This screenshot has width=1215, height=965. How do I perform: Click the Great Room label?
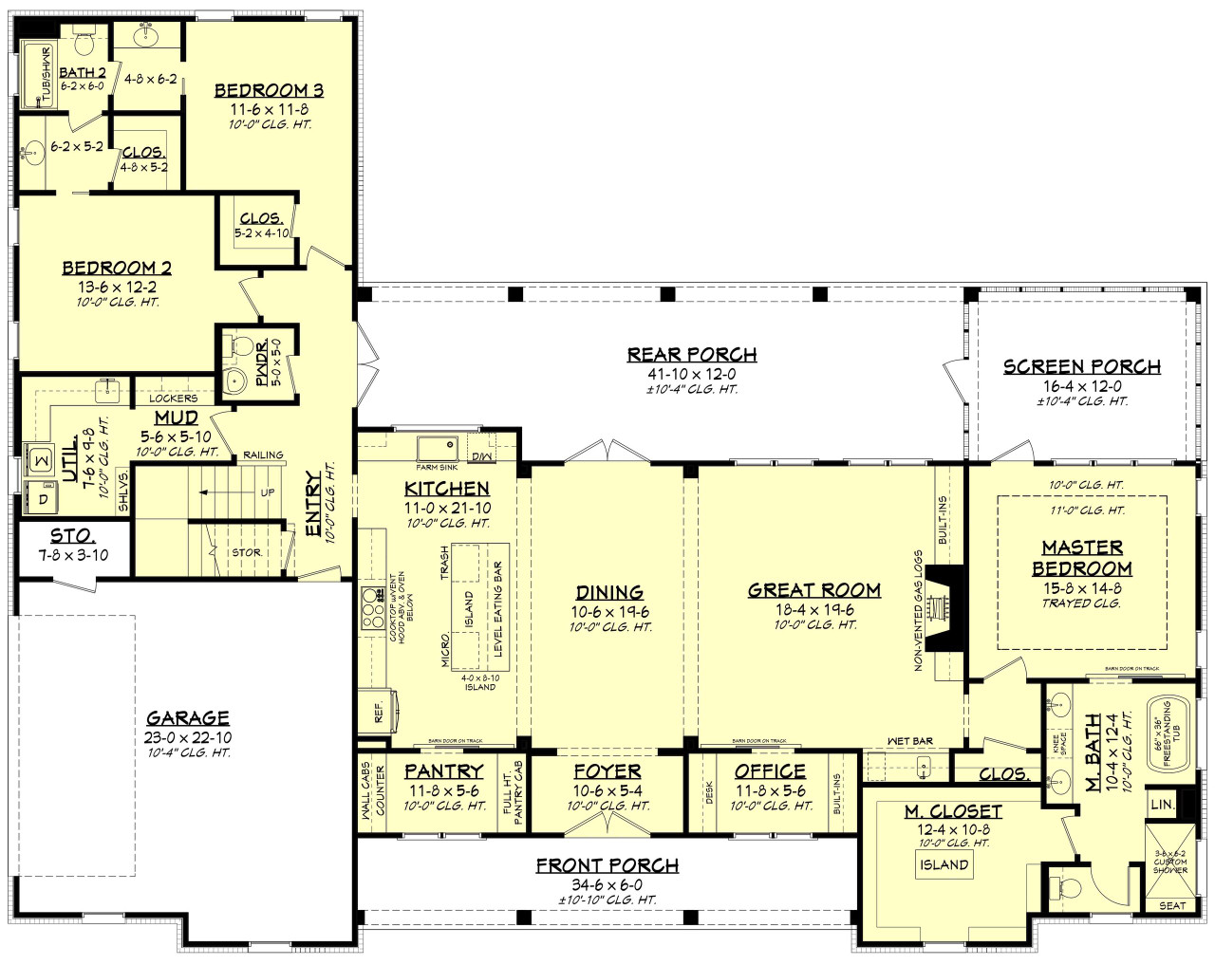(813, 590)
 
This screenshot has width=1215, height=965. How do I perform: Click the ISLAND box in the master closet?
(944, 864)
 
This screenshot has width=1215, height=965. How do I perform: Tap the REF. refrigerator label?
(379, 712)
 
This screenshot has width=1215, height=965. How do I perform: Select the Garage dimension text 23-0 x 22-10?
(188, 737)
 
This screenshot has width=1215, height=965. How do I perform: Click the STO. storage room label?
(72, 537)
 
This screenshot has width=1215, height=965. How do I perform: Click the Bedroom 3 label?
(269, 90)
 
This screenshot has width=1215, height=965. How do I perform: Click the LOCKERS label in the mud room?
(173, 399)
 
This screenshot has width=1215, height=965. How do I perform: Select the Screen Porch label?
(1081, 366)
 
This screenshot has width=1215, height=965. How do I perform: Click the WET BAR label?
(909, 741)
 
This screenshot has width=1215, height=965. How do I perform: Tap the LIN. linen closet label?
(1162, 805)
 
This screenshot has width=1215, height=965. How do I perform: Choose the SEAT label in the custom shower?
(1171, 905)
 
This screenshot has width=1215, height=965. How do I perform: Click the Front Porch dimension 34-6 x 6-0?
(607, 884)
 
